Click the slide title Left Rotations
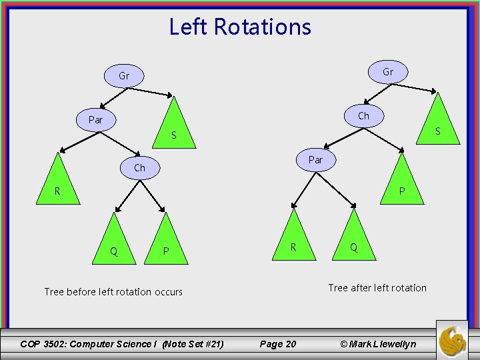240,27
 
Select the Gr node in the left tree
124,76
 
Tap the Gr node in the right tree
387,72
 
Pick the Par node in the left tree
95,120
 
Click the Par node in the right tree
315,160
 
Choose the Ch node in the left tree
139,167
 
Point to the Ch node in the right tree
363,115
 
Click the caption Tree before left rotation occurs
113,291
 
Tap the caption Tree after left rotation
377,287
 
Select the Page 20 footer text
277,344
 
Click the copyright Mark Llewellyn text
377,344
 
